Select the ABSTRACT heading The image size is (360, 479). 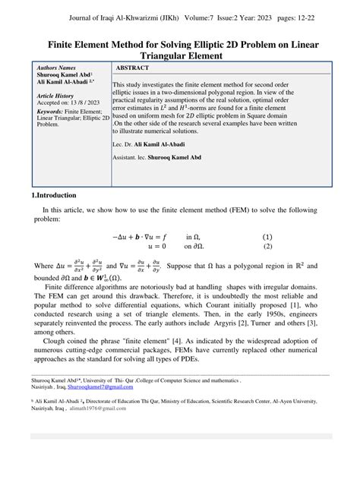[134, 68]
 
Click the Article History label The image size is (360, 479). [55, 96]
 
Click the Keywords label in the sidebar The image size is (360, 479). [51, 111]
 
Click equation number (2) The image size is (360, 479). [267, 246]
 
